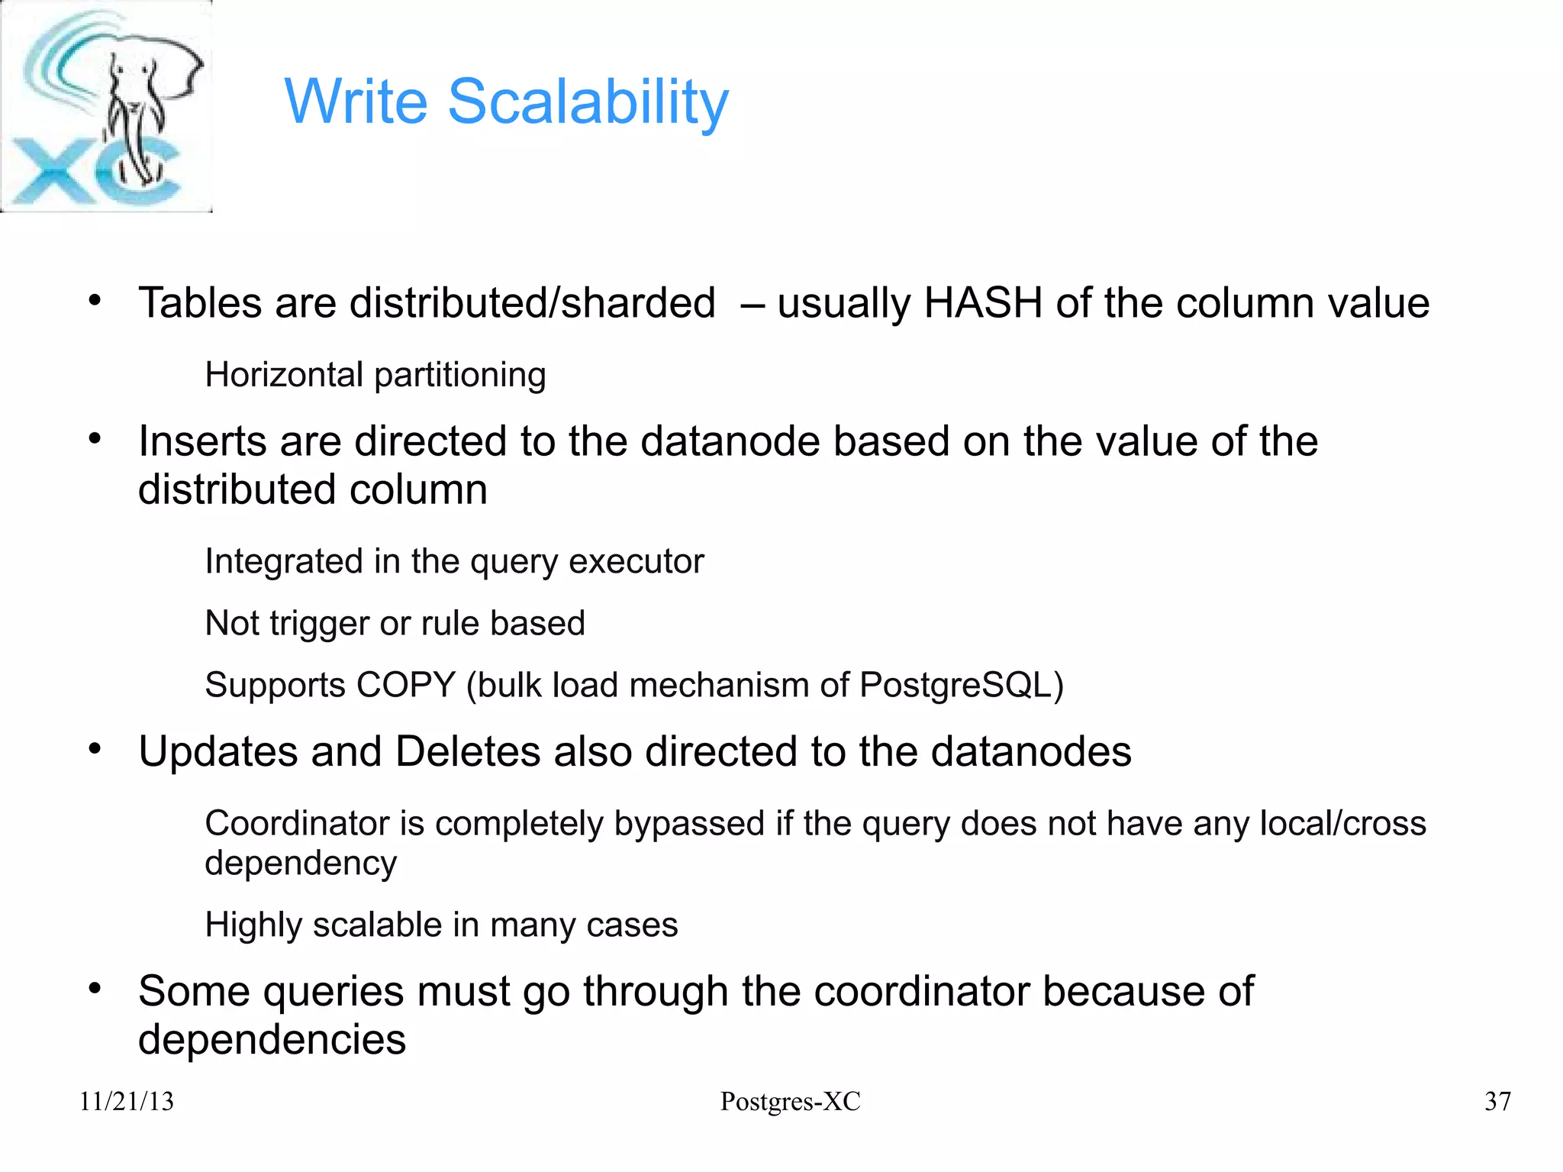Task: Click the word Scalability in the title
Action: click(588, 102)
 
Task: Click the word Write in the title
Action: click(356, 102)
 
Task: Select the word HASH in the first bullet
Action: click(983, 303)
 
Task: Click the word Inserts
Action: click(201, 441)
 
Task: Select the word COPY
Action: click(406, 685)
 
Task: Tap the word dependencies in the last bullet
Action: click(272, 1040)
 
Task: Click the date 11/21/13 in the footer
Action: click(127, 1102)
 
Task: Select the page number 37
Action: click(1497, 1102)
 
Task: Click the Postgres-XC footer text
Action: click(790, 1102)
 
